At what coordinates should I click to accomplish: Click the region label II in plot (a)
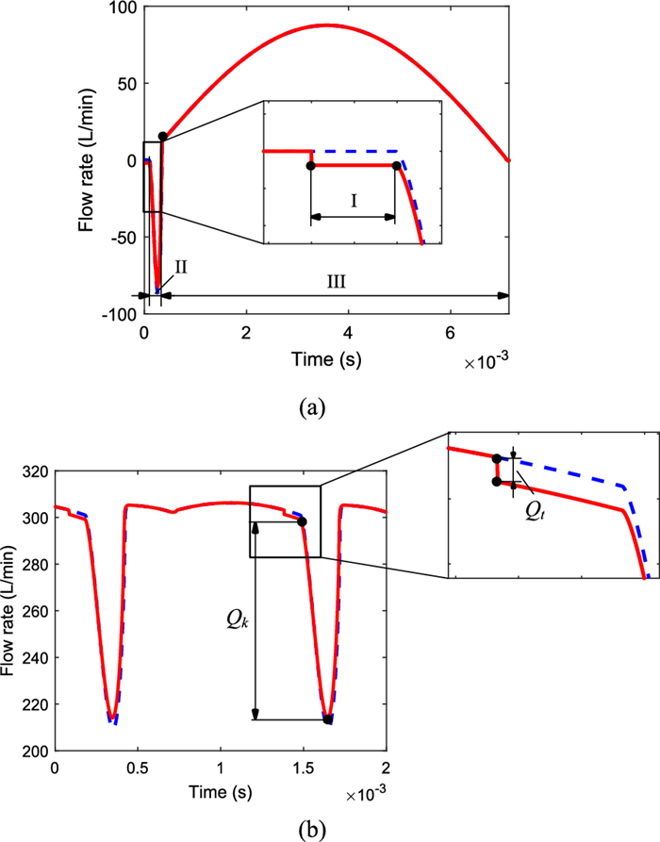point(180,268)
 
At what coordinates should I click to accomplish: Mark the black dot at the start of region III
point(163,137)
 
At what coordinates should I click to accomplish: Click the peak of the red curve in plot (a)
point(327,25)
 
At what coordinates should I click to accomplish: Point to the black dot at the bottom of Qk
point(327,719)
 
